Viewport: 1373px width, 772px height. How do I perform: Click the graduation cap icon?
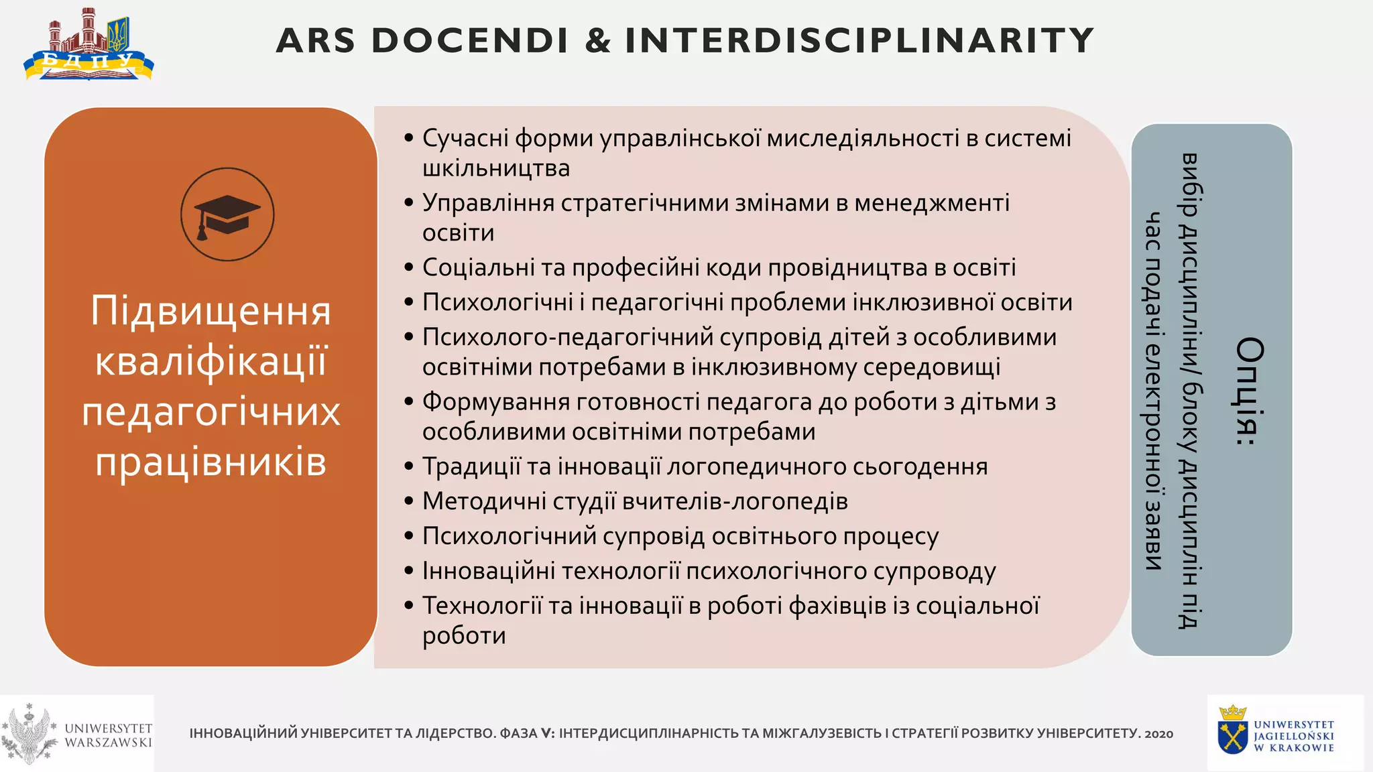[227, 214]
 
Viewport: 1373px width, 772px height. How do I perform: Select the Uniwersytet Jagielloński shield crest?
[1232, 738]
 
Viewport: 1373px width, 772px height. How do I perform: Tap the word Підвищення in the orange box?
[211, 311]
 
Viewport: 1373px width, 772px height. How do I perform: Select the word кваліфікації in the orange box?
[211, 362]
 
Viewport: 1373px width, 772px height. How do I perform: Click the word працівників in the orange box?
[211, 462]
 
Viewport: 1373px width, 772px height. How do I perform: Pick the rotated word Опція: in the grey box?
[1250, 392]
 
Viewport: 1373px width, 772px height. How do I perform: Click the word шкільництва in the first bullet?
[496, 168]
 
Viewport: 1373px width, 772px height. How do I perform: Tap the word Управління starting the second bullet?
[488, 202]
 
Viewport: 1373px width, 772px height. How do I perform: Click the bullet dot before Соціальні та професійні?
[409, 267]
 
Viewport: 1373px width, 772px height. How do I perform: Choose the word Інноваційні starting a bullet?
[488, 571]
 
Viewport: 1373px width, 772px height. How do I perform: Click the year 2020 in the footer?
[1158, 734]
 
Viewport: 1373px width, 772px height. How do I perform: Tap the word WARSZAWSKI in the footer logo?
[109, 743]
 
